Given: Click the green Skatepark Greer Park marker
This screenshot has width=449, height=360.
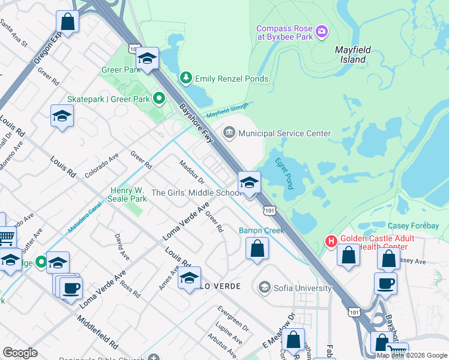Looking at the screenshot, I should point(158,97).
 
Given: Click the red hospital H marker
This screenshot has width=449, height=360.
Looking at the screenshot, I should point(330,242).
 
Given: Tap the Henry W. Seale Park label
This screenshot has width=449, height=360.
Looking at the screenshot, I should point(128,194).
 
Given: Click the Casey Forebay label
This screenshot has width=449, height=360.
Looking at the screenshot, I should point(413,226).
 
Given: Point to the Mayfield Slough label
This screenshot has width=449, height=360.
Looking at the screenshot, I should point(226,112).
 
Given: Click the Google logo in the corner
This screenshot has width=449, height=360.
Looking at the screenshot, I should point(20,353).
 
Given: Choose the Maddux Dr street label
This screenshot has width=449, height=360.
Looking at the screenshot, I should point(192,172).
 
